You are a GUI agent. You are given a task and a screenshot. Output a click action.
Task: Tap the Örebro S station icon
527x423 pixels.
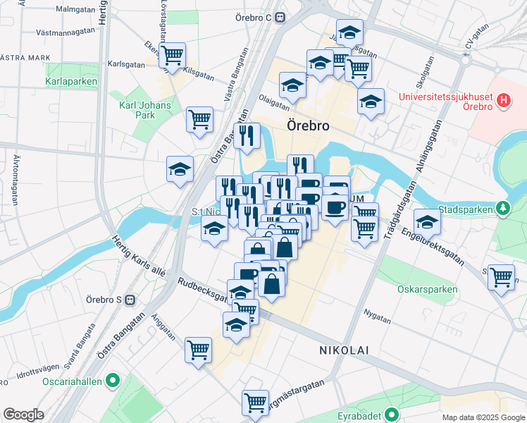click(x=130, y=300)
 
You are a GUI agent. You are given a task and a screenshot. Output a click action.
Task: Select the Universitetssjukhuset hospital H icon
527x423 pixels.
click(x=503, y=101)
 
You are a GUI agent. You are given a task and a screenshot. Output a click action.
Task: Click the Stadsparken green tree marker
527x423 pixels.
click(x=503, y=209)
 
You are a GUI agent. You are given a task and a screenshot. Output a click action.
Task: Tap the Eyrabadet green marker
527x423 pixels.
click(x=391, y=414)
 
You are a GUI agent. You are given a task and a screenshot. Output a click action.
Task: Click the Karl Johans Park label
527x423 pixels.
click(x=136, y=110)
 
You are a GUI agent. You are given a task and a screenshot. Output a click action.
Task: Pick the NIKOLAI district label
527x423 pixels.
click(x=344, y=350)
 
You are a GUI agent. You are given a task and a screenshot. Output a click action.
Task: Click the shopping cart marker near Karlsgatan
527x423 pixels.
click(x=172, y=55)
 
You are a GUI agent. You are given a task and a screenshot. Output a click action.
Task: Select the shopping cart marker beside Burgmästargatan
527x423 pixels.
click(x=255, y=403)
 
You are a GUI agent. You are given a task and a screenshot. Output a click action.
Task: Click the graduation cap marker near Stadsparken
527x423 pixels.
click(x=427, y=223)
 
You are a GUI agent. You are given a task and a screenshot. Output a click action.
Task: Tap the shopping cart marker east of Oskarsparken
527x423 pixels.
click(x=501, y=276)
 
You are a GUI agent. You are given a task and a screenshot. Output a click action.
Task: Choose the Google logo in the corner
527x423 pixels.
click(x=23, y=415)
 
